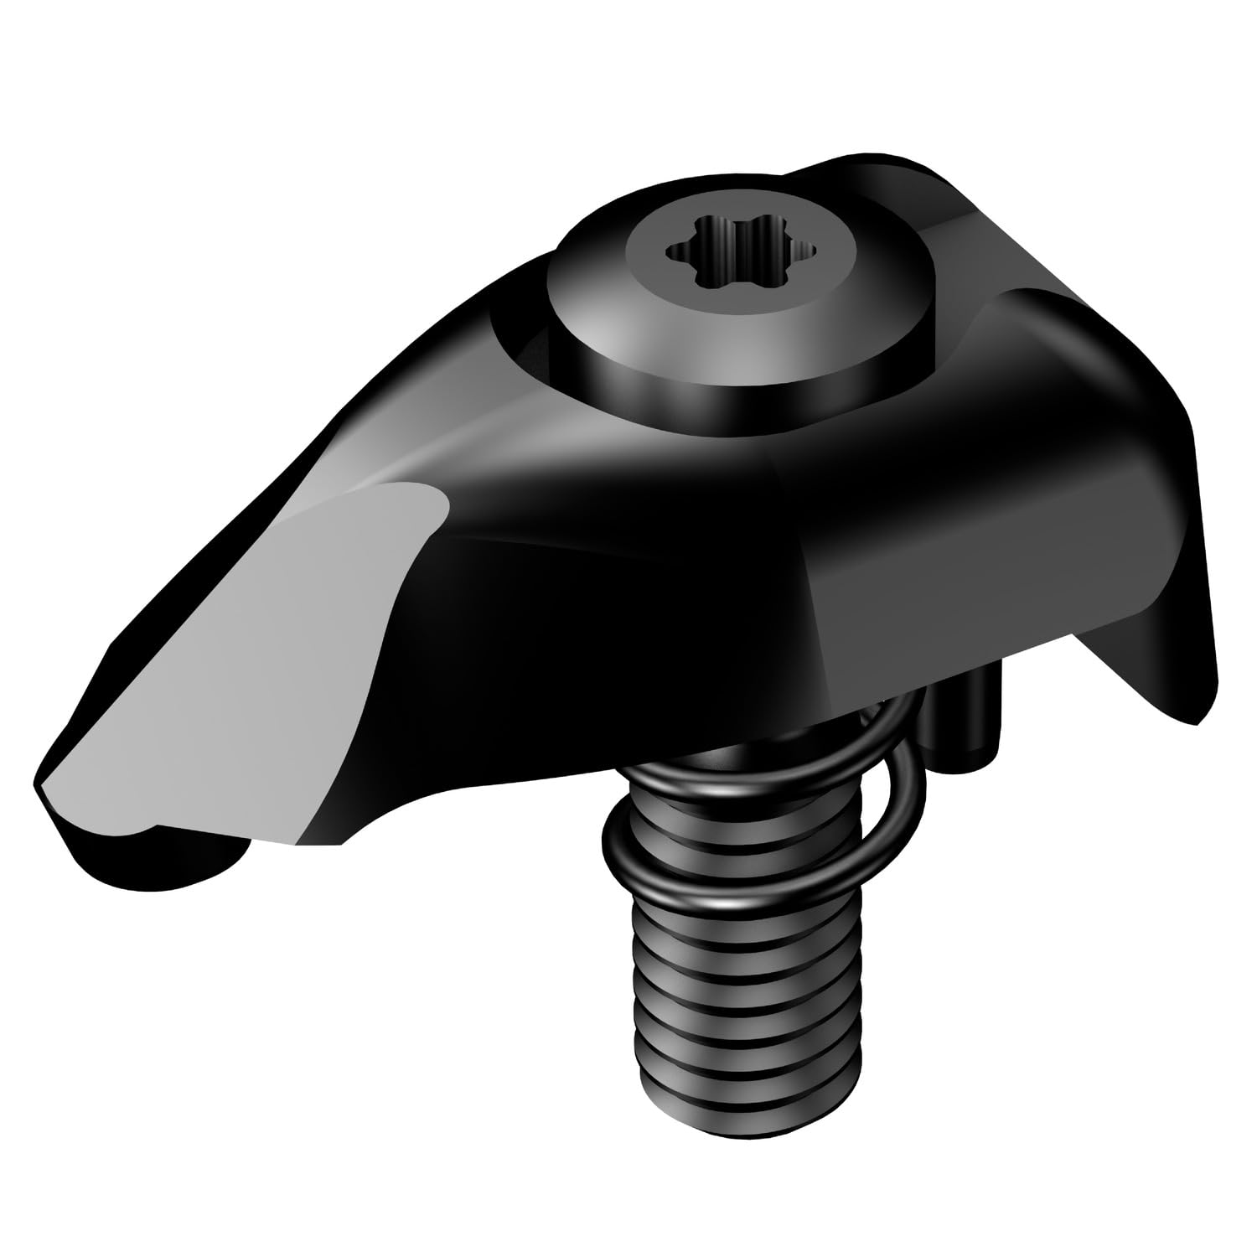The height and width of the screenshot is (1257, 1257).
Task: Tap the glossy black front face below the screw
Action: click(670, 570)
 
